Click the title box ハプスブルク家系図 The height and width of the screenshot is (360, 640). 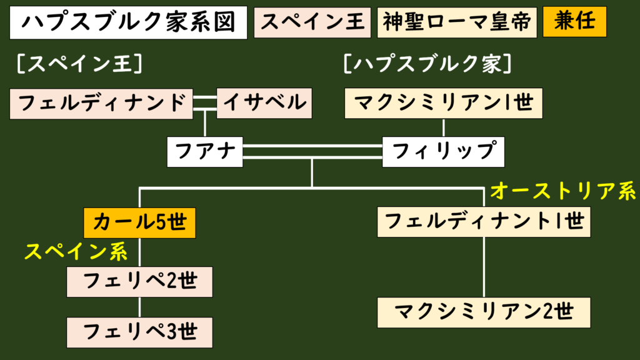[x=129, y=22]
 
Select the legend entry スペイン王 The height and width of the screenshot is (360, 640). [x=312, y=22]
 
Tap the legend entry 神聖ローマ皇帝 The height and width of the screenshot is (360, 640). [x=457, y=22]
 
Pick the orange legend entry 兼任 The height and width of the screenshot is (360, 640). [x=574, y=22]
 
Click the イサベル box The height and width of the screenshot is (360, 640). [x=264, y=103]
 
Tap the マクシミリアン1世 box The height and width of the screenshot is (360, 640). [x=444, y=103]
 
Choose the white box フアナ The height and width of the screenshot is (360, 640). [x=205, y=152]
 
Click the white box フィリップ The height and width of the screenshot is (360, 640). [x=443, y=152]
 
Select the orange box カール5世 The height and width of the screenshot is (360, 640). [x=140, y=222]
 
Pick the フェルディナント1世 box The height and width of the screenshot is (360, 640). [x=484, y=221]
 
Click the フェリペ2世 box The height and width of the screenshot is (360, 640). [x=140, y=282]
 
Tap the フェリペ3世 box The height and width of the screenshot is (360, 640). [x=140, y=332]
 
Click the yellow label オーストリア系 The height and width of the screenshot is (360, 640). [x=562, y=191]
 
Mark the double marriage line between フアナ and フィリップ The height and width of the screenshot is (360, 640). [x=312, y=152]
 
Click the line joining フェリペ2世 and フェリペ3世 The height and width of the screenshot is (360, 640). [x=140, y=307]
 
